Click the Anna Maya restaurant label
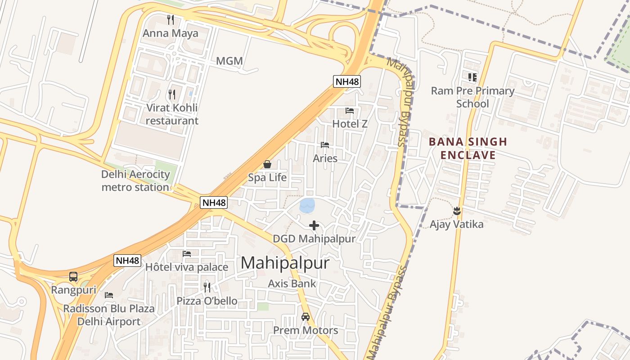tap(170, 33)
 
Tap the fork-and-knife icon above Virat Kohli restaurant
tap(171, 94)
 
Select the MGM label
tap(229, 61)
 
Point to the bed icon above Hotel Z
tap(350, 110)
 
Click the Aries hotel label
tap(325, 158)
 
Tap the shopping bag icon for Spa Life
tap(267, 164)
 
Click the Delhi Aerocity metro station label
tap(135, 181)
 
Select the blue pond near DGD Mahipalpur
tap(307, 206)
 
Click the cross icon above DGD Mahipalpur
tap(314, 225)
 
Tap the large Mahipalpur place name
tap(285, 263)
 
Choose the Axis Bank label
tap(292, 283)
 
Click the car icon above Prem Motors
tap(306, 317)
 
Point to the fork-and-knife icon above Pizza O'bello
tap(207, 287)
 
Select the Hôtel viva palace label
tap(187, 267)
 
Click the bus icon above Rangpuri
tap(73, 277)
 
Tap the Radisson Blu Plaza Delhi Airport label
tap(109, 315)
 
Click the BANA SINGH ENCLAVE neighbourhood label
tap(468, 148)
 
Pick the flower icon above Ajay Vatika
tap(457, 211)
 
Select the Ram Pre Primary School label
tap(472, 97)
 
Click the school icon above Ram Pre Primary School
tap(472, 77)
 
